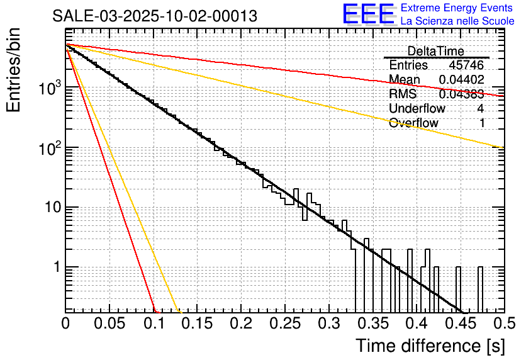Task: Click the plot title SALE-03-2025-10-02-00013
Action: pos(155,16)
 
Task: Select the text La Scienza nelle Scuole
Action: pos(457,21)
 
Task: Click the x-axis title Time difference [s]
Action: pos(430,346)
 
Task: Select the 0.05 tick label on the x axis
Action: pos(109,323)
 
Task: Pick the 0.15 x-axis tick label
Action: pos(197,323)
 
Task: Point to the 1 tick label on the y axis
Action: pos(54,267)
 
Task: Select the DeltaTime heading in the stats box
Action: pos(435,51)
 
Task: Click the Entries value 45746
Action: pos(466,65)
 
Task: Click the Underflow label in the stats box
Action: pos(417,108)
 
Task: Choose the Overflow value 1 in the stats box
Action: pos(481,123)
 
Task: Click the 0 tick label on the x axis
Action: pos(65,323)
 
